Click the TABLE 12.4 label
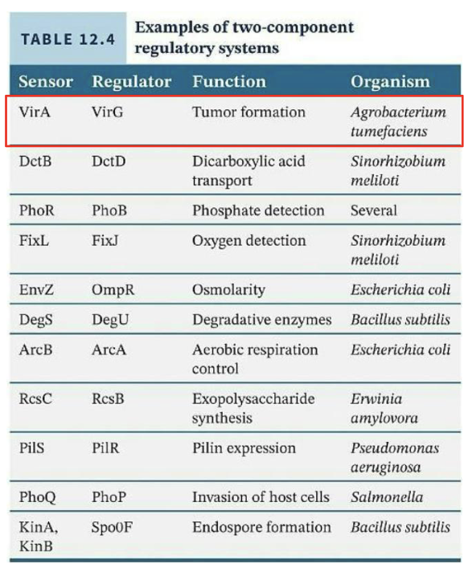[68, 39]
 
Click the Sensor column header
[45, 82]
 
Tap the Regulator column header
[131, 82]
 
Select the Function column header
[228, 82]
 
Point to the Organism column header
[390, 82]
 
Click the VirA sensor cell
[35, 112]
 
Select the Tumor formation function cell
[248, 112]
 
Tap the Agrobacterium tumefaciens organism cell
[397, 121]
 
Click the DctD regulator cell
[109, 161]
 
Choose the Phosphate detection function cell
[258, 210]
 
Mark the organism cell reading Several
[373, 210]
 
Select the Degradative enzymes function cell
[261, 320]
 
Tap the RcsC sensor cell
[35, 399]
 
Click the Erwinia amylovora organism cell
[384, 408]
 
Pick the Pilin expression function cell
[244, 448]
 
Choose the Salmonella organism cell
[383, 497]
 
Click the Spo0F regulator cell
[110, 528]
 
